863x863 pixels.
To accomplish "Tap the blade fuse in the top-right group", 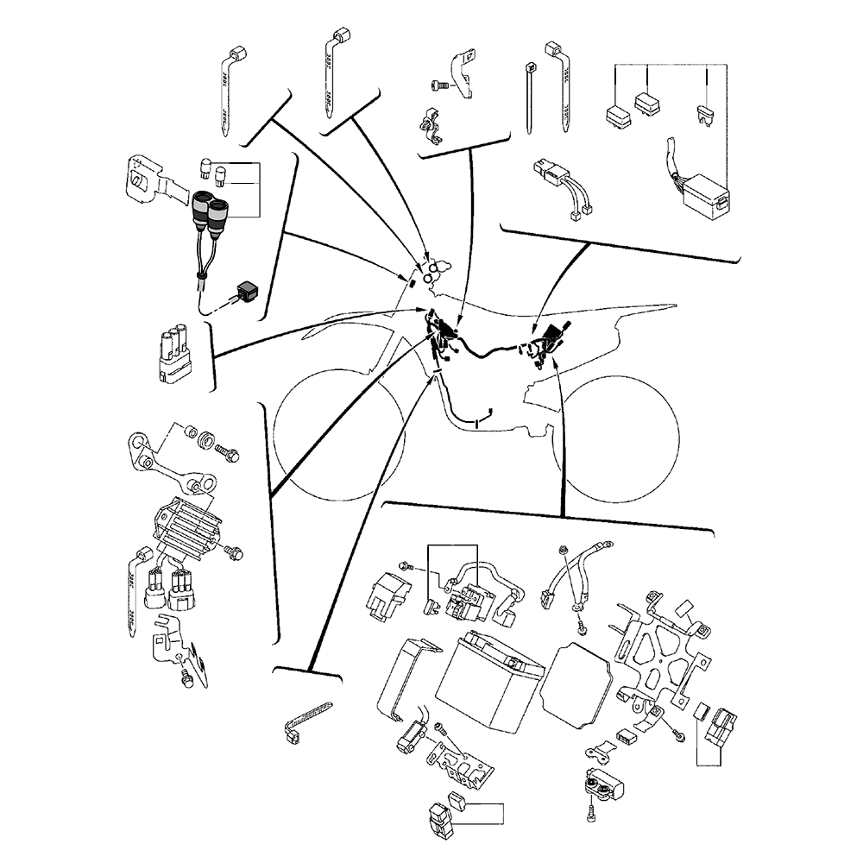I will click(705, 114).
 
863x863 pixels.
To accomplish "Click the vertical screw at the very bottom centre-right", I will click(590, 812).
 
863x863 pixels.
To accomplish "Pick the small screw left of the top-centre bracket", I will click(438, 85).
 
